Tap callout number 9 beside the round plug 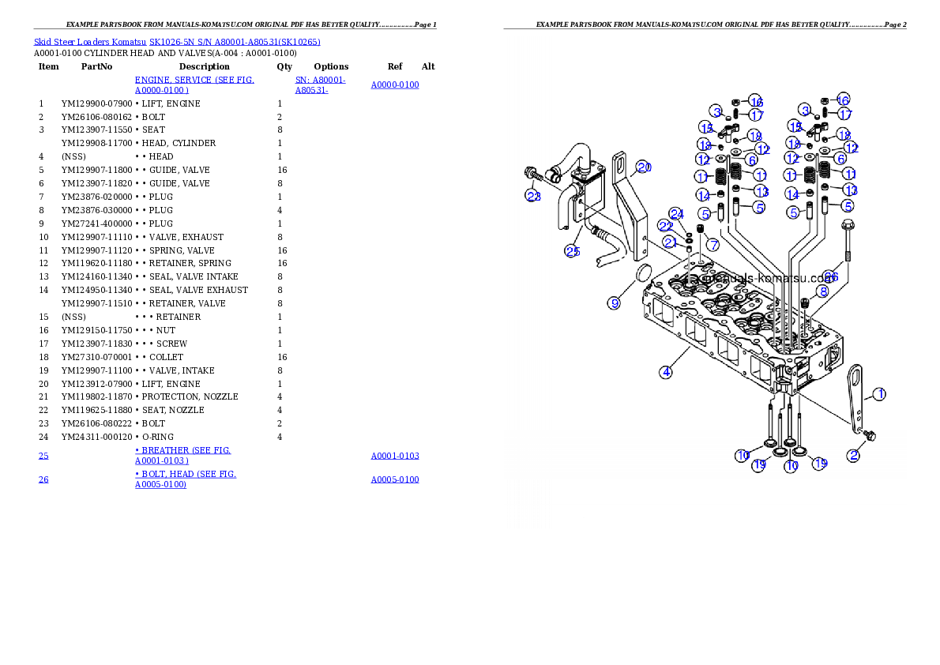tap(615, 302)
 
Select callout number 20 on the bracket tap(644, 167)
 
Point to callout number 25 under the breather tap(572, 251)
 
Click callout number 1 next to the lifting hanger tap(878, 393)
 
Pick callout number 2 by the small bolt tap(854, 455)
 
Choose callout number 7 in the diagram tap(713, 245)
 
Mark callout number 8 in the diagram tap(823, 291)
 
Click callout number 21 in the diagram tap(669, 242)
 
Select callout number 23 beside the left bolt tap(534, 196)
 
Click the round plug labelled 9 tap(643, 274)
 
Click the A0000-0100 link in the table tap(394, 85)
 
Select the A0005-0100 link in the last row tap(394, 479)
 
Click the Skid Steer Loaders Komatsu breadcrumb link tap(176, 41)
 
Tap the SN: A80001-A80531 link tap(319, 85)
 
